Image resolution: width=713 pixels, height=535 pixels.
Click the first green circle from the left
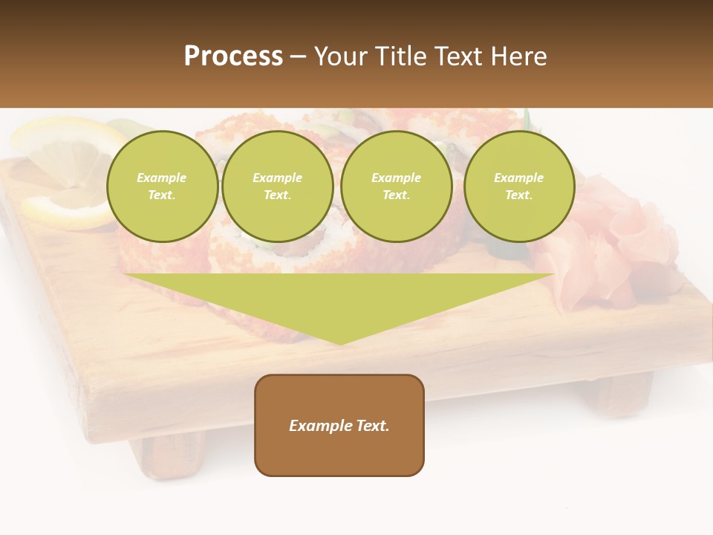pos(162,186)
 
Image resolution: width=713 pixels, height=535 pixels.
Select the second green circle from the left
pos(277,186)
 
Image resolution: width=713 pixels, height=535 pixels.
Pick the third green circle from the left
pos(396,186)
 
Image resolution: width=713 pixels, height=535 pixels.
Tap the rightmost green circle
pos(518,186)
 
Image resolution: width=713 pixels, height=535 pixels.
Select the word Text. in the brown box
pos(372,426)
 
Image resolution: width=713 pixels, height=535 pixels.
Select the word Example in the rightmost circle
pos(518,178)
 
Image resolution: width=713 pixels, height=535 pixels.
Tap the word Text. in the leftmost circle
pos(162,195)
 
